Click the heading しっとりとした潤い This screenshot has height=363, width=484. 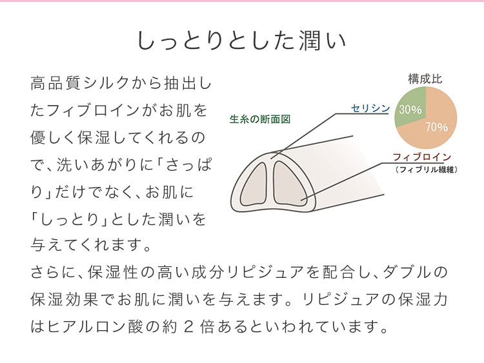click(241, 41)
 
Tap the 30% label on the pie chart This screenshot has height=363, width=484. click(410, 110)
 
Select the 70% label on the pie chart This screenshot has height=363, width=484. click(437, 127)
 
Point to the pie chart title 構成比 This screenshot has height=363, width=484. click(425, 79)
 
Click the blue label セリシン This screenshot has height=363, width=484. click(370, 108)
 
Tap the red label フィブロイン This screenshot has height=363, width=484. click(422, 157)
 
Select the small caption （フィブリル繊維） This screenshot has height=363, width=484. click(426, 170)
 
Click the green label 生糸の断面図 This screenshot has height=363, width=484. click(260, 119)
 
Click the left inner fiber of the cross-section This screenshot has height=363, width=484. click(254, 184)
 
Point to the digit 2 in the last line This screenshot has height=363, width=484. click(188, 327)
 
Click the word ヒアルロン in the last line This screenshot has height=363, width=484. click(86, 327)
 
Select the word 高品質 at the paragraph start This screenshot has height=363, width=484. click(55, 83)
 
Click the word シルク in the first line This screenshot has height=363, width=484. click(106, 83)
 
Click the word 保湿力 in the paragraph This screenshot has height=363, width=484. click(422, 299)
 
